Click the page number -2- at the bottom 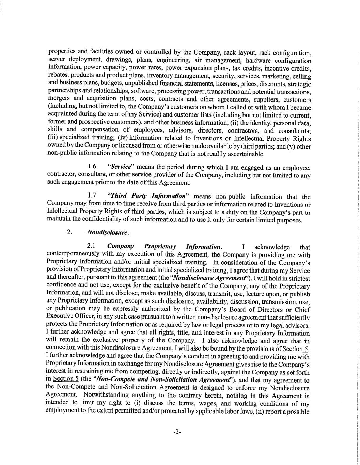177,432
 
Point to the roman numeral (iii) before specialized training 53,138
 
